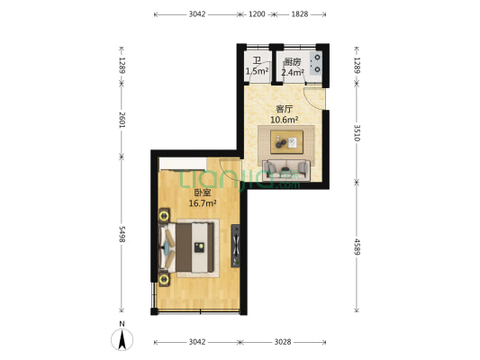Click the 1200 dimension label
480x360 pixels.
click(257, 14)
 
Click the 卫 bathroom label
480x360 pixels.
click(256, 61)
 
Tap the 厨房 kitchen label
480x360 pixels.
click(290, 61)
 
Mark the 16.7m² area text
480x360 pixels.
click(202, 203)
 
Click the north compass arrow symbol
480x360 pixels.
click(122, 340)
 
